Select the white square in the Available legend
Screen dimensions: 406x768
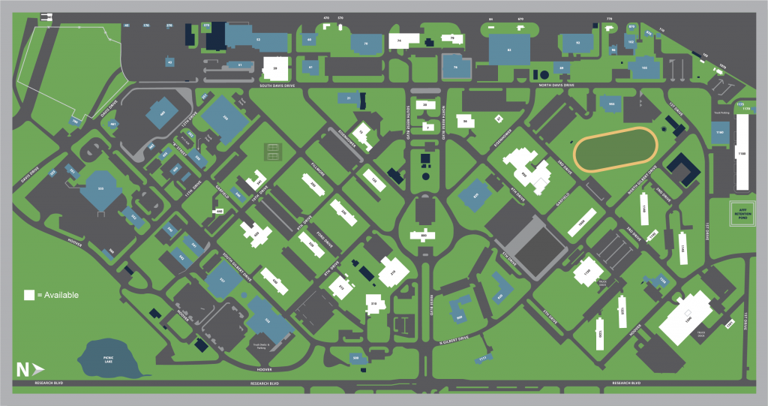pos(29,295)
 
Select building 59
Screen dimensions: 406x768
pos(275,68)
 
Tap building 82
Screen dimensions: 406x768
pos(509,50)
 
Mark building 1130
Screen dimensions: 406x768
pos(588,272)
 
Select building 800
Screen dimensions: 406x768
pos(424,236)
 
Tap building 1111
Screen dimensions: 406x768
pos(482,359)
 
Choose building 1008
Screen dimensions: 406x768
pos(581,223)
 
